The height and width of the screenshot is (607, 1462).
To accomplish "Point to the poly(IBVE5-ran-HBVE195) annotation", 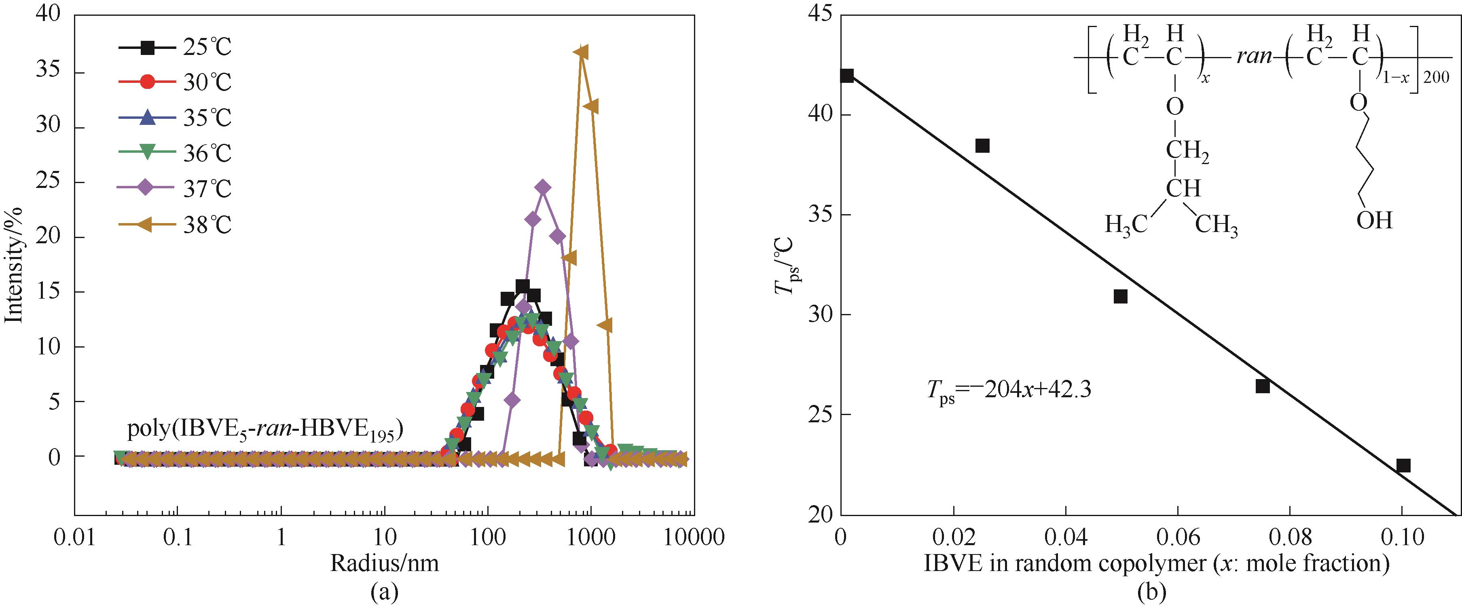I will coord(264,430).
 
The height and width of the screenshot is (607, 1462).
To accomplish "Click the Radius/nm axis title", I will coord(384,563).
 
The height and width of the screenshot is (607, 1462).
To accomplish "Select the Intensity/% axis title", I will coord(14,265).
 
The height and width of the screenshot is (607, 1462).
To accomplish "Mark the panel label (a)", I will coord(384,592).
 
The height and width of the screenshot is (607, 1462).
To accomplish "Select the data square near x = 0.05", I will coord(1120,296).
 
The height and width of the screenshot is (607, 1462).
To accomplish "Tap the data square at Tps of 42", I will coord(847,76).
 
